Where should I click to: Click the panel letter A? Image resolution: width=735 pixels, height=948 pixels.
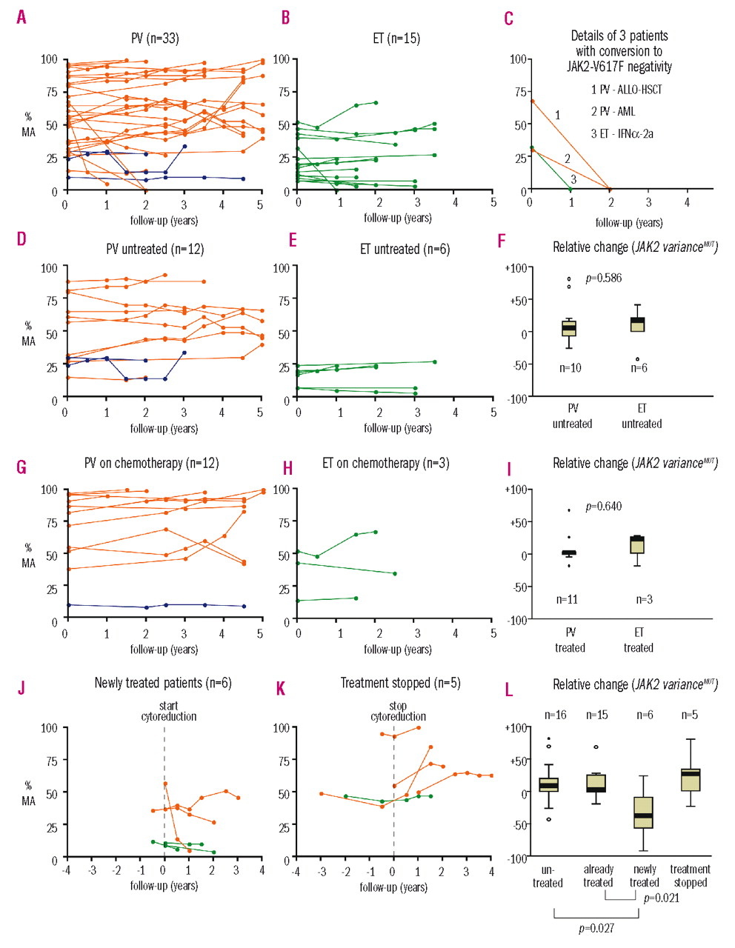21,17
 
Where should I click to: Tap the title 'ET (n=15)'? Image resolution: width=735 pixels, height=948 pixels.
396,38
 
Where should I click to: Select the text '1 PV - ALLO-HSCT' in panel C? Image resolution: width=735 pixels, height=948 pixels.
626,90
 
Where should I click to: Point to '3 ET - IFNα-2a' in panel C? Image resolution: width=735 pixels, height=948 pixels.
622,134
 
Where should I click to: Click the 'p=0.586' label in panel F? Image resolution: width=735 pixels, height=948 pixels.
604,278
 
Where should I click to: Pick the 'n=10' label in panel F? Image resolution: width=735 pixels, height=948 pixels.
570,368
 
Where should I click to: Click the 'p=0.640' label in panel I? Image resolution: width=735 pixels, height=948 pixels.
604,507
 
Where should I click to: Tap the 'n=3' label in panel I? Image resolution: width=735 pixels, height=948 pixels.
645,599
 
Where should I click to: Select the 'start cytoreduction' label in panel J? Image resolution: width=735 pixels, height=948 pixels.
169,711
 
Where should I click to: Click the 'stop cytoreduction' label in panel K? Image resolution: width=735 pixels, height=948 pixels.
399,711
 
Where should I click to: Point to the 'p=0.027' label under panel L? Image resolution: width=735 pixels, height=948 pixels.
596,928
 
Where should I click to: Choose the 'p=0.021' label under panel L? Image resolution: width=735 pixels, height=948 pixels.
662,898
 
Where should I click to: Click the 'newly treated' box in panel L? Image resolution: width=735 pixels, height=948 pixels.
644,812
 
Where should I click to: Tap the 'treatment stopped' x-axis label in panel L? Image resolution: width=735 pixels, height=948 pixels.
690,876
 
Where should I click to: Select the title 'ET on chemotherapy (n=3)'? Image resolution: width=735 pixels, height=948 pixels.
386,464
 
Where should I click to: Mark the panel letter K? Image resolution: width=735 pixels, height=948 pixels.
281,689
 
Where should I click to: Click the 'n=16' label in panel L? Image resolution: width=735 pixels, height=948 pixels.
555,715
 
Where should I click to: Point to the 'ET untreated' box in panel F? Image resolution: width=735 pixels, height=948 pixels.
637,324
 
